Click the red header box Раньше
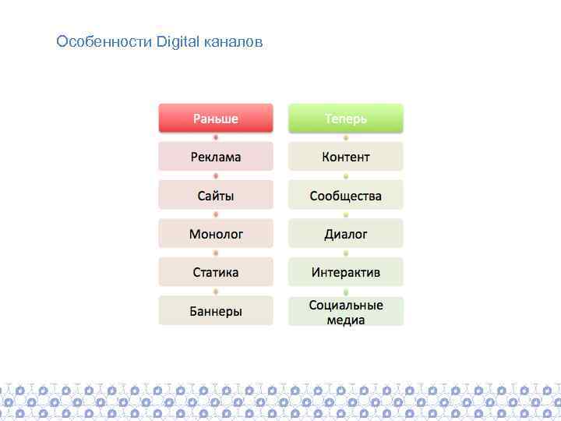coord(216,119)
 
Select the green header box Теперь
coord(346,119)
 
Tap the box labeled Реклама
coord(216,157)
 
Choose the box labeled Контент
coord(346,157)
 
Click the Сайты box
coord(216,195)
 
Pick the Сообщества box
coord(346,195)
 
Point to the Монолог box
coord(216,234)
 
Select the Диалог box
coord(346,234)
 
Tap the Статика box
coord(216,272)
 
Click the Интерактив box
coord(346,272)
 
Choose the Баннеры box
coord(216,311)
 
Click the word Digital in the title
coord(178,41)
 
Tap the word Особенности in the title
coord(104,41)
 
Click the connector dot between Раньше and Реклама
coord(216,137)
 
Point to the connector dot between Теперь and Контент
coord(346,137)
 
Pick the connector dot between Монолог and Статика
coord(216,253)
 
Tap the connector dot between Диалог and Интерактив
coord(346,253)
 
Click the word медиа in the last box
coord(346,320)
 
